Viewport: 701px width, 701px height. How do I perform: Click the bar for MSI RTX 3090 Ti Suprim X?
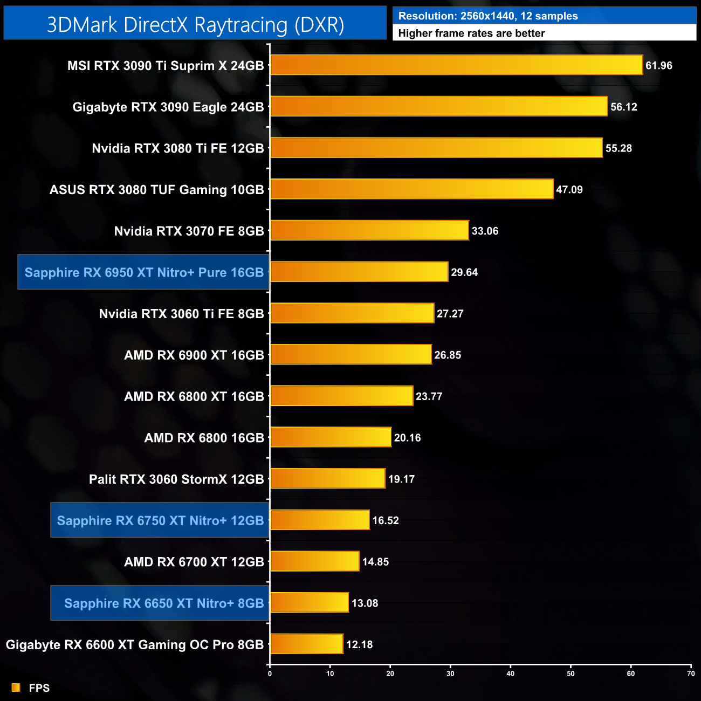point(456,65)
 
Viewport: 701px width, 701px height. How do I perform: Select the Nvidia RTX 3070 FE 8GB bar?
point(369,231)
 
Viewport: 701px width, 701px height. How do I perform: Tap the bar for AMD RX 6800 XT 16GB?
point(341,396)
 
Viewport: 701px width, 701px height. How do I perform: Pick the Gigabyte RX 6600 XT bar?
point(306,644)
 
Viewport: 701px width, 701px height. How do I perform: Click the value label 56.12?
point(624,107)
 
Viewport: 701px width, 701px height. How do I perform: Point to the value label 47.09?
point(569,190)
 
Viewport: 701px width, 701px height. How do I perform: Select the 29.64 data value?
point(464,272)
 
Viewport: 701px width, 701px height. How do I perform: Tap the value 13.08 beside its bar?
point(365,603)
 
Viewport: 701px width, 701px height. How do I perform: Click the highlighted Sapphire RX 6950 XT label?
point(144,272)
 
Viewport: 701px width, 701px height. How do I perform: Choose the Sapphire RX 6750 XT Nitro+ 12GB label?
point(160,520)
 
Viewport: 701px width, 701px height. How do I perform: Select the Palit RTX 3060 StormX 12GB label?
point(176,479)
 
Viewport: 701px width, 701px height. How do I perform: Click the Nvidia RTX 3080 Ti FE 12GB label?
point(178,148)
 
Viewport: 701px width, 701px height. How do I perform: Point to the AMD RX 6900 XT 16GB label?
point(194,355)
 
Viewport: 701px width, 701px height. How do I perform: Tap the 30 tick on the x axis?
point(450,673)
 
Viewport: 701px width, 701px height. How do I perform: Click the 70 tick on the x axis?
point(691,673)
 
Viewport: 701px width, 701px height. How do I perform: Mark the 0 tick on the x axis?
point(270,673)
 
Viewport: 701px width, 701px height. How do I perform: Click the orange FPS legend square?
point(16,688)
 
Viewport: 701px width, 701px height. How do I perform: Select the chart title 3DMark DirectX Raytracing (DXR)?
point(195,25)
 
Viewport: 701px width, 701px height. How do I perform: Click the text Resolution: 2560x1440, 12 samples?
point(487,16)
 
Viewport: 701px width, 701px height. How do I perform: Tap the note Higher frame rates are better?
point(471,33)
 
